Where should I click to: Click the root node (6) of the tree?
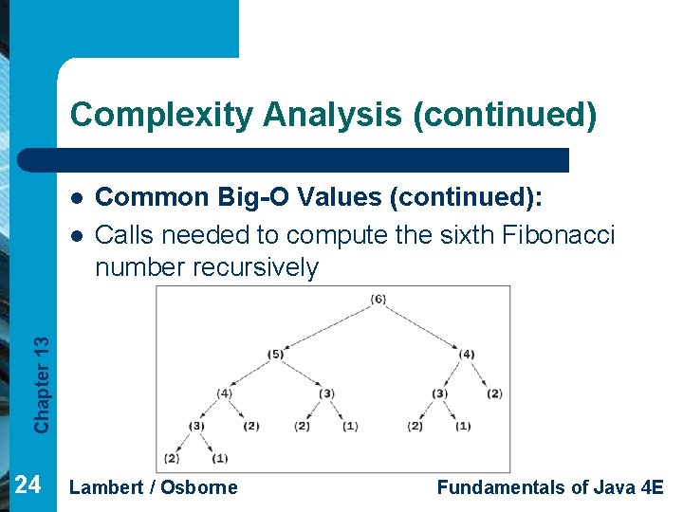tap(378, 300)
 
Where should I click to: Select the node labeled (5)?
tap(275, 355)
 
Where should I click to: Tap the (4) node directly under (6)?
tap(467, 355)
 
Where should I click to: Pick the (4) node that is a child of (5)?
tap(224, 393)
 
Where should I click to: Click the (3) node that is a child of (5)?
tap(326, 393)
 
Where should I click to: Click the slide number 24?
tap(28, 485)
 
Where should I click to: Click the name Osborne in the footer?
tap(199, 487)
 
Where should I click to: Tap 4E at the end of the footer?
tap(651, 487)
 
